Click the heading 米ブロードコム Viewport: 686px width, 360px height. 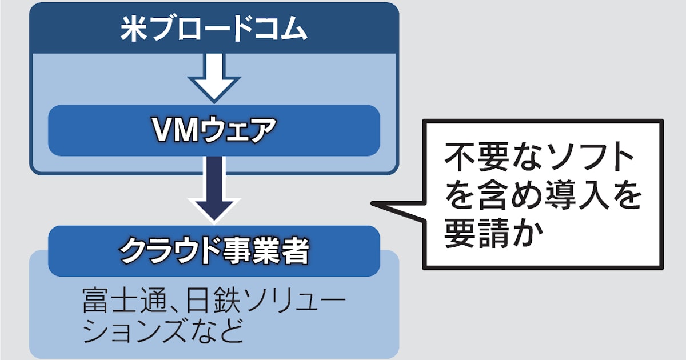point(214,30)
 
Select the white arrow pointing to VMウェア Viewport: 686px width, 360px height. point(214,78)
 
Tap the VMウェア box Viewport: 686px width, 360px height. point(214,130)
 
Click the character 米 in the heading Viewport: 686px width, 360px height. point(133,30)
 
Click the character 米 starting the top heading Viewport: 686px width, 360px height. point(133,30)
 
